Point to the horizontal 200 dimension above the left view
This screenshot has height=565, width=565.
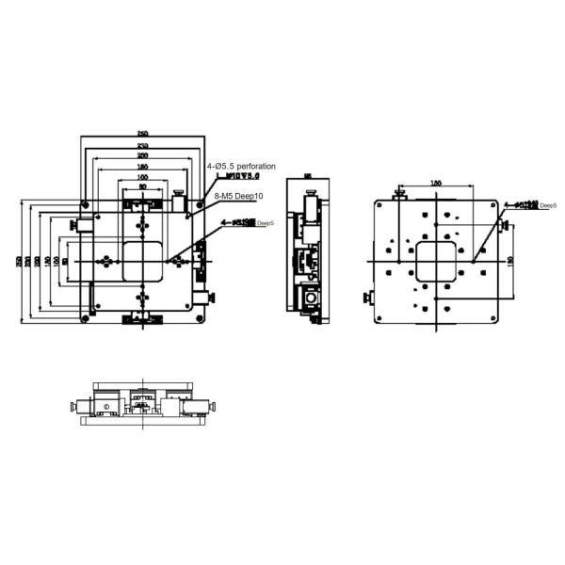(x=142, y=155)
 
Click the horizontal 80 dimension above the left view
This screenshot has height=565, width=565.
(x=142, y=186)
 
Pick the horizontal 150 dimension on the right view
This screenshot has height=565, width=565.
(x=436, y=183)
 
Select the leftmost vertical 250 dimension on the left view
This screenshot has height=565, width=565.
(x=20, y=261)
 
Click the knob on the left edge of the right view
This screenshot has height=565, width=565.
(x=367, y=299)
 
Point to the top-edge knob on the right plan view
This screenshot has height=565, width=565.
(x=400, y=195)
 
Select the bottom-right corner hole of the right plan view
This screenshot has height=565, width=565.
(x=488, y=315)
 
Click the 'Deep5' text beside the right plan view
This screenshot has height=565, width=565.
(x=549, y=204)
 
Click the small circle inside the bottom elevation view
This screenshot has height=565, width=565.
(x=107, y=407)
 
